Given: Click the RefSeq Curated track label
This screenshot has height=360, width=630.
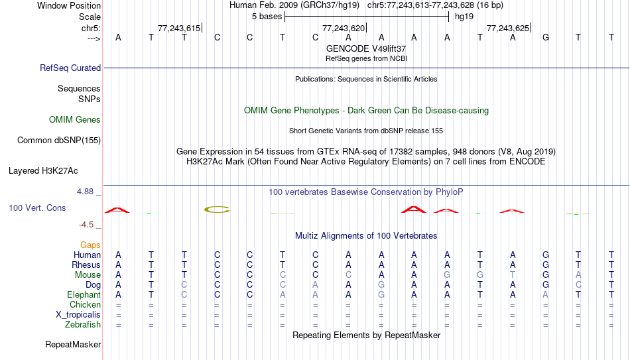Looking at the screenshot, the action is tap(70, 68).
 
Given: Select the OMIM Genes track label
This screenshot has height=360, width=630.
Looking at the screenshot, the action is tap(75, 120).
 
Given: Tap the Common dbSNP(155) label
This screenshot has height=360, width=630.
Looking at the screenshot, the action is tap(59, 141).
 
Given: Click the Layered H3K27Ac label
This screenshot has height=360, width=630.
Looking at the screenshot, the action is tap(43, 171).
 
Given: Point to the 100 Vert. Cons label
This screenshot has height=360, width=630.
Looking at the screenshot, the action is tap(37, 208).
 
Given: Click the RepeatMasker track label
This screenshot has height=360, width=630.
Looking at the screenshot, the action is tap(73, 344).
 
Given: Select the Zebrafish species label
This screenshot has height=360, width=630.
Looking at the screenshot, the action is tap(83, 324).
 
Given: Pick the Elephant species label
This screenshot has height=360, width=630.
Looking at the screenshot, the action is tap(84, 294).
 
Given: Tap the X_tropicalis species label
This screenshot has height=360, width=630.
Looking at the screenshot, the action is tap(78, 315).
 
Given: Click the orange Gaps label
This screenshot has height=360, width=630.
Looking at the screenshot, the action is tap(90, 245).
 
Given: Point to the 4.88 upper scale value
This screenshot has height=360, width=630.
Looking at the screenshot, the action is tap(85, 192).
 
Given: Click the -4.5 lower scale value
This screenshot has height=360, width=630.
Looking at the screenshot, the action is tap(86, 225).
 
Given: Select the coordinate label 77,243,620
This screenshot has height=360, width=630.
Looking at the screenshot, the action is tap(344, 28).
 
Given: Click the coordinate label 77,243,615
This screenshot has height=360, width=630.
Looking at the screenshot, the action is tap(179, 28).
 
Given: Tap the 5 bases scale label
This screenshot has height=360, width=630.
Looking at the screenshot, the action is tap(267, 17).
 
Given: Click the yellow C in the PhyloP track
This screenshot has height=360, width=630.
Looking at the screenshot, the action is tap(217, 210).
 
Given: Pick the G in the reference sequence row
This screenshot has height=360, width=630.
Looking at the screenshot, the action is tap(546, 37).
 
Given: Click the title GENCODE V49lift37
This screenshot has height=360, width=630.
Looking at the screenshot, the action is tap(366, 48).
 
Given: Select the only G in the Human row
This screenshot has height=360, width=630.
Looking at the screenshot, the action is tap(546, 255).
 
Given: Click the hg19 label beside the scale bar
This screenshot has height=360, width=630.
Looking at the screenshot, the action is tap(464, 17).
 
